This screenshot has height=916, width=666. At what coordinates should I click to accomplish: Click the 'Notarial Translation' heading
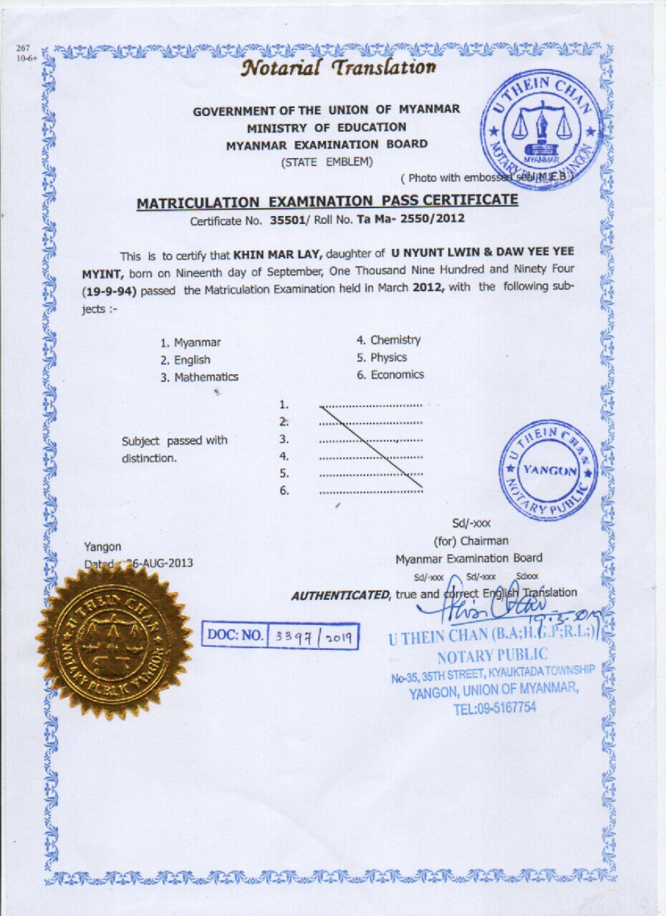pyautogui.click(x=339, y=67)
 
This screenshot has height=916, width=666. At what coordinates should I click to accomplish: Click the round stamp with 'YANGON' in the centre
pyautogui.click(x=548, y=470)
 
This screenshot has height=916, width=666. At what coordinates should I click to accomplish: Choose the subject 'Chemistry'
pyautogui.click(x=395, y=340)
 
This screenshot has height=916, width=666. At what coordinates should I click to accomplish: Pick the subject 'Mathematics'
pyautogui.click(x=206, y=377)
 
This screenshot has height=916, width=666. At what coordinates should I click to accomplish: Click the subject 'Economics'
pyautogui.click(x=397, y=374)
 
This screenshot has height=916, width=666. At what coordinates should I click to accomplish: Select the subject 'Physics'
pyautogui.click(x=388, y=357)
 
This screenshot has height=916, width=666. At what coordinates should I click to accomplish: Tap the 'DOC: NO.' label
pyautogui.click(x=235, y=635)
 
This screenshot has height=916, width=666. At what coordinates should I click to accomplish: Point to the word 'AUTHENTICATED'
pyautogui.click(x=340, y=595)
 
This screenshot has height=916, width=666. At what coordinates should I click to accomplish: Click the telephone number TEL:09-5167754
pyautogui.click(x=494, y=708)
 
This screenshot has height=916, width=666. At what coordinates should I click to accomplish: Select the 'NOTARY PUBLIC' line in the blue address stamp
pyautogui.click(x=493, y=655)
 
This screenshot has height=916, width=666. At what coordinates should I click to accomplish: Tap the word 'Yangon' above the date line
pyautogui.click(x=102, y=547)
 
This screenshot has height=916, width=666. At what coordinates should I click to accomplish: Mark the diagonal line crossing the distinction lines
pyautogui.click(x=371, y=447)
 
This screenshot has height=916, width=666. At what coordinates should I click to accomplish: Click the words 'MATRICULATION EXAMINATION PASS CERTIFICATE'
pyautogui.click(x=327, y=202)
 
